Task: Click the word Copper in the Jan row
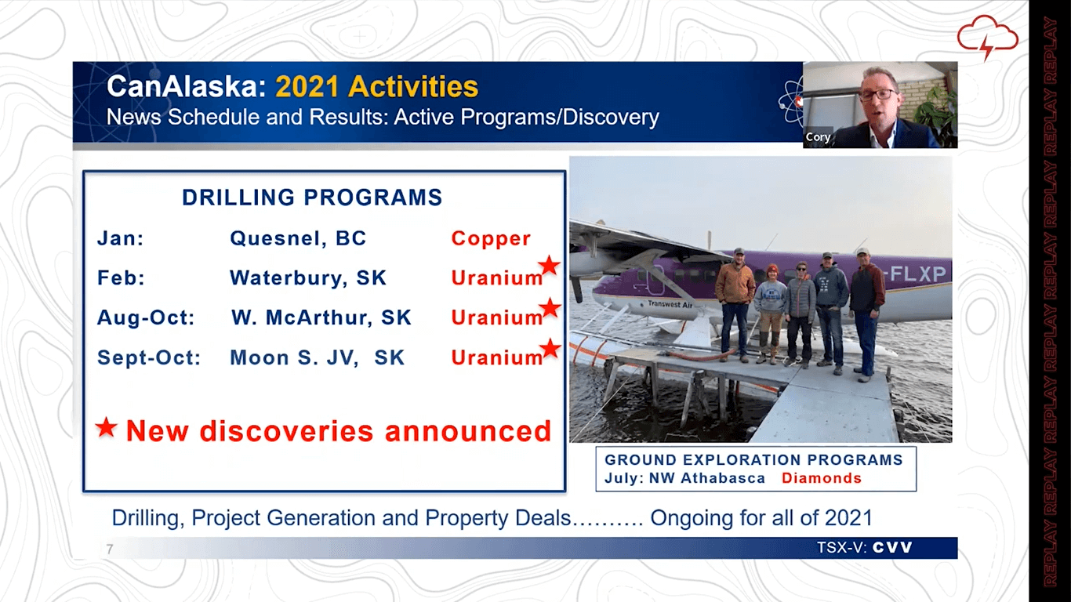tap(491, 238)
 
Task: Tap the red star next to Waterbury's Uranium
tap(549, 266)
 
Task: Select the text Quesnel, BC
tap(298, 238)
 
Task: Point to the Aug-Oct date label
tap(146, 317)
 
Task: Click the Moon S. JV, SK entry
tap(317, 357)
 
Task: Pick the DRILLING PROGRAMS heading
tap(312, 198)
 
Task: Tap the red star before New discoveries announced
tap(106, 426)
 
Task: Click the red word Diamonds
tap(822, 478)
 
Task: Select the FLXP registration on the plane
tap(917, 274)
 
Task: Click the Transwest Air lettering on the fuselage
tap(670, 304)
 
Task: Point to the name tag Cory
tap(818, 136)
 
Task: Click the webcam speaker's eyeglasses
tap(878, 94)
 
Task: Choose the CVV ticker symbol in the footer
tap(892, 547)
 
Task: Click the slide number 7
tap(110, 549)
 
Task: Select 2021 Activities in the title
tap(377, 86)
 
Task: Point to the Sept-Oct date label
tap(149, 357)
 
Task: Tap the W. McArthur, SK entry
tap(321, 317)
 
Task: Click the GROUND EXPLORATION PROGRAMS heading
tap(753, 459)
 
